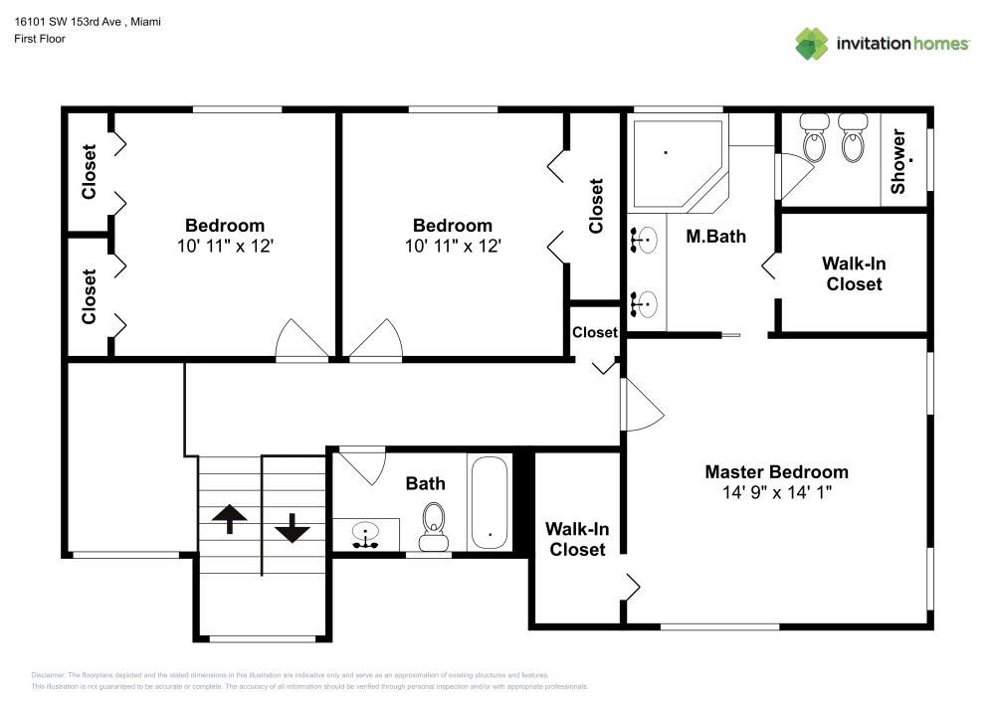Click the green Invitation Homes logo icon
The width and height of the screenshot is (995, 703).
click(x=811, y=43)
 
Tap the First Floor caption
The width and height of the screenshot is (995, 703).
click(x=40, y=39)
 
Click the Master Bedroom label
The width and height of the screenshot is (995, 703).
click(x=776, y=472)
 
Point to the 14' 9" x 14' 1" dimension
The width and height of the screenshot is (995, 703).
click(x=776, y=492)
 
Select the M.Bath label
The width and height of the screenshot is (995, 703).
click(x=716, y=237)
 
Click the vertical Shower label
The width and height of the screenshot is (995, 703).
click(x=898, y=161)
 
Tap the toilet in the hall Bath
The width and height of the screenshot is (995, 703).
click(x=434, y=524)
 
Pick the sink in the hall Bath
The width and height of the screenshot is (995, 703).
click(x=366, y=534)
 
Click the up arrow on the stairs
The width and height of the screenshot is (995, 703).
click(x=230, y=518)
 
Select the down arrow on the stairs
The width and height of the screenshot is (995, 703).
click(x=292, y=527)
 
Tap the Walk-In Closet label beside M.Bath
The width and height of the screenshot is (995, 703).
click(x=853, y=273)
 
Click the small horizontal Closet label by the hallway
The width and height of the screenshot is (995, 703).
click(x=595, y=332)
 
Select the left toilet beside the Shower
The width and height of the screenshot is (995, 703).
click(x=815, y=139)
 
